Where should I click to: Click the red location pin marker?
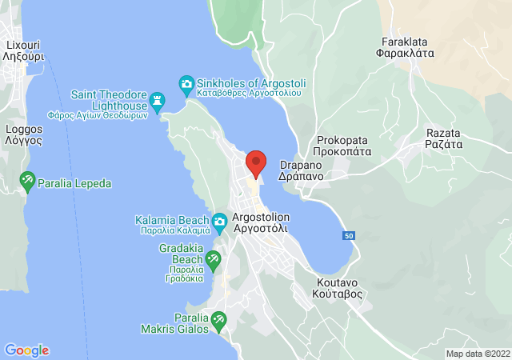click(x=255, y=163)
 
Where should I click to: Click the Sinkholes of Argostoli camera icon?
click(x=186, y=83)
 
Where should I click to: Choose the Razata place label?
click(x=444, y=139)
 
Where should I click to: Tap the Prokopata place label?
click(x=342, y=145)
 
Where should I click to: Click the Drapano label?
click(x=299, y=171)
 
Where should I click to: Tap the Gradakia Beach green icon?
click(x=213, y=258)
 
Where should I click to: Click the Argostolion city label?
click(x=260, y=222)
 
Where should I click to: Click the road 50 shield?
click(x=348, y=236)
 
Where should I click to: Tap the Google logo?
click(x=26, y=350)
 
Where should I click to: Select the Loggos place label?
click(x=23, y=134)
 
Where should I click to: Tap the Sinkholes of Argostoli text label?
click(x=249, y=88)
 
